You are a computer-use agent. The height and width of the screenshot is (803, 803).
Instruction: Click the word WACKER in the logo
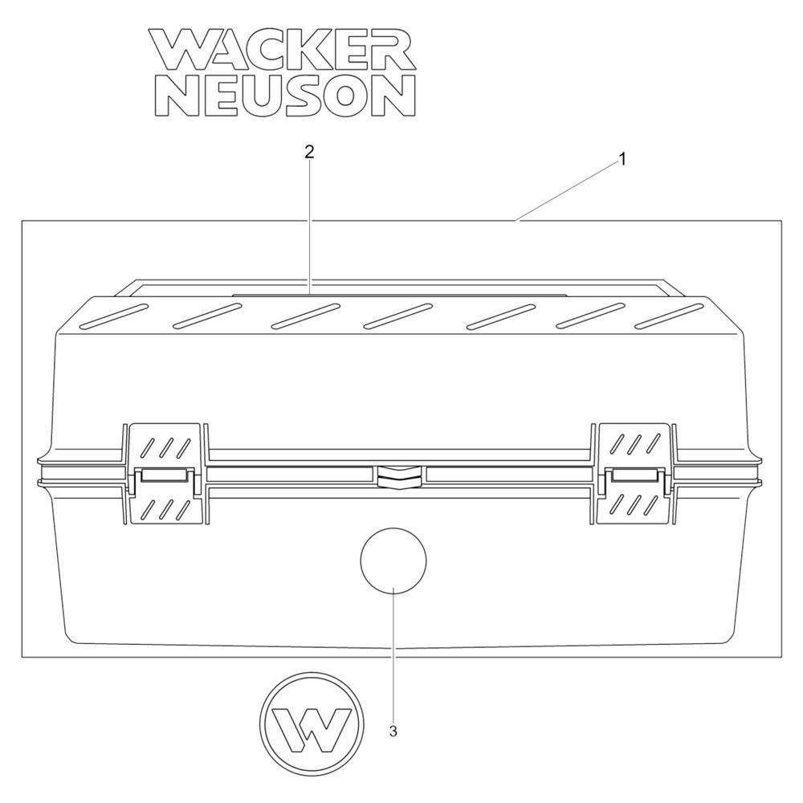(282, 49)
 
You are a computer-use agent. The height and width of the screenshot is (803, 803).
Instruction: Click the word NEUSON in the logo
(284, 96)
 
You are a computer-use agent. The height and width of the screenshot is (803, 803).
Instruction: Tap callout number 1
(622, 160)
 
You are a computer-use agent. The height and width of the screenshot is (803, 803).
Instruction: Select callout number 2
(309, 152)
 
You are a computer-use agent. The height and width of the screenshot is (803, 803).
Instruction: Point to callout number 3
(393, 732)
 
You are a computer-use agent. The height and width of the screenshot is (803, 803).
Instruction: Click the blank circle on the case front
(393, 560)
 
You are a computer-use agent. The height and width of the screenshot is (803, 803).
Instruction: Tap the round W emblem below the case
(312, 724)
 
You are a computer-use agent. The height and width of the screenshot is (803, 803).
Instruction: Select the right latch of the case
(635, 474)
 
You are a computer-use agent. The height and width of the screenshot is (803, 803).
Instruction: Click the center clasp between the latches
(399, 475)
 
